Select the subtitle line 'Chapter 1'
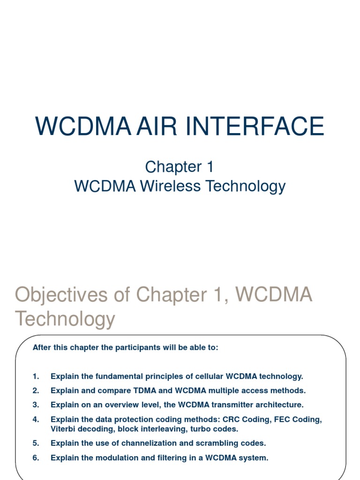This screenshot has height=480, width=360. pos(180,166)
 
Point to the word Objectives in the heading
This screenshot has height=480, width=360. pos(69,295)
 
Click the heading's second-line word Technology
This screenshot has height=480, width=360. pos(65,319)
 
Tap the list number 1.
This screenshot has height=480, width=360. pos(36,376)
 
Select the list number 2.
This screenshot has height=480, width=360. pos(36,390)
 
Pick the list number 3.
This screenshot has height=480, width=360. pos(36,405)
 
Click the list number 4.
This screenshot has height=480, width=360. pos(36,420)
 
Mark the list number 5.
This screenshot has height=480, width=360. pos(36,443)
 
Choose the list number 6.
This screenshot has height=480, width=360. pos(36,457)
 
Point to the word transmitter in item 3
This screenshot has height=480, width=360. pos(232,405)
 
